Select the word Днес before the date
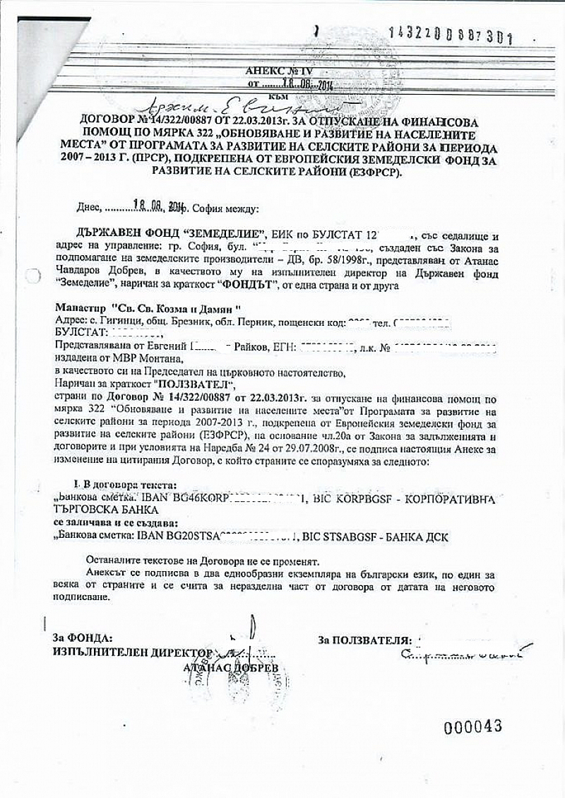90,209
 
